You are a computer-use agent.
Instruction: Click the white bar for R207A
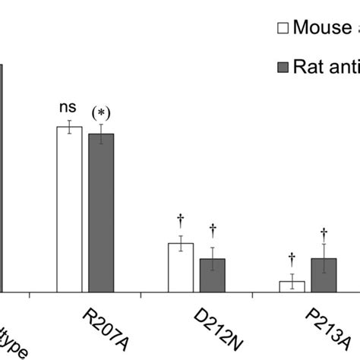(x=70, y=209)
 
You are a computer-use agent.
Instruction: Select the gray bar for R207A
(x=101, y=213)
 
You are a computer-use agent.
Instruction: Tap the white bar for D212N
(x=181, y=267)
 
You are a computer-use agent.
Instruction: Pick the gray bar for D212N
(x=212, y=275)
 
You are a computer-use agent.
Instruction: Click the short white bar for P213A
(x=292, y=286)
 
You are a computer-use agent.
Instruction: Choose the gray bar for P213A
(x=324, y=275)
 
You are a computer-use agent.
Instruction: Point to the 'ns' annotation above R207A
(x=69, y=108)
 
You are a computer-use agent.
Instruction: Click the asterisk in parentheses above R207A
(x=101, y=113)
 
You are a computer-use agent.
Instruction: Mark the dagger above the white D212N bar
(x=181, y=221)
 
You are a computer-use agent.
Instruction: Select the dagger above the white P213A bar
(x=292, y=259)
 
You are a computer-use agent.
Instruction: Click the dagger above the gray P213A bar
(x=324, y=233)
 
